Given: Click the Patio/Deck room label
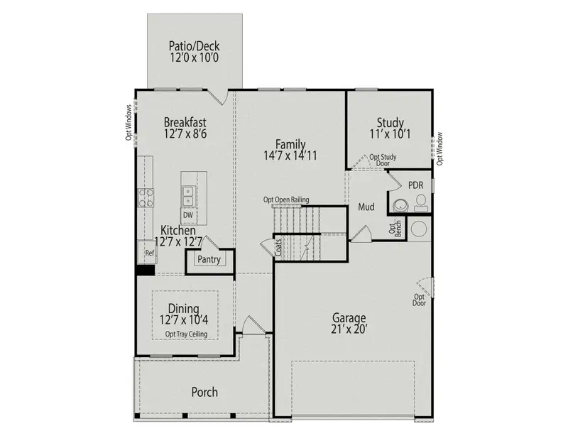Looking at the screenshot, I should coord(194,47).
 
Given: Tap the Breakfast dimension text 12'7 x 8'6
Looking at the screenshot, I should coord(185,133).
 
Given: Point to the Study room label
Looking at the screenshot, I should coord(390,122).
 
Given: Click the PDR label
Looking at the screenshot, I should coord(415,185).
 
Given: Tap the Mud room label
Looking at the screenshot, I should coord(366,207).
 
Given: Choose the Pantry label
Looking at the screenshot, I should coord(209,260).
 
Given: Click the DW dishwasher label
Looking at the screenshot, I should coord(188,215).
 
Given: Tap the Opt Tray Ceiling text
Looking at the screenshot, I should coord(187,334).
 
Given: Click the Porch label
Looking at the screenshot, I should coord(204,392).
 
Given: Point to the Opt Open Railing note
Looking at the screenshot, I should coord(286,200).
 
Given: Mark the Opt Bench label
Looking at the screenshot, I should coord(394,228).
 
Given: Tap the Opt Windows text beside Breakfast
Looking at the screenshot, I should coord(129,122).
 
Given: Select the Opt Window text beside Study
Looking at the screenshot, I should coord(439,148).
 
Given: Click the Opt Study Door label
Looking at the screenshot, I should coord(383,160).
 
